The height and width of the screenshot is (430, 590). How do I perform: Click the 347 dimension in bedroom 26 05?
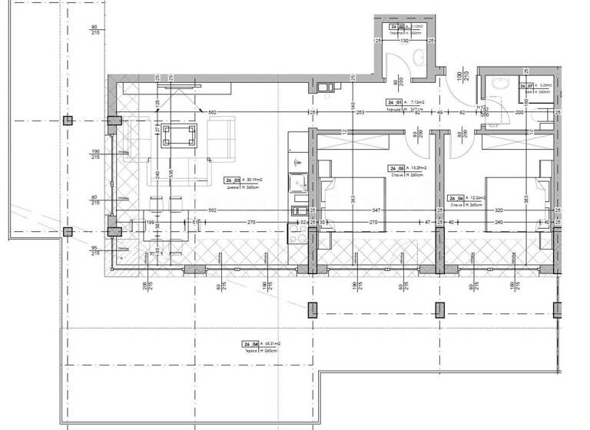coord(374,209)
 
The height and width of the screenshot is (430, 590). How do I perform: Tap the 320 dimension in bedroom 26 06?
coord(499,209)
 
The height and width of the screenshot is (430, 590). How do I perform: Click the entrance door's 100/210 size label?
coord(462,78)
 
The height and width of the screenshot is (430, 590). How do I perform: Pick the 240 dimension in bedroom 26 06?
coord(499,223)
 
